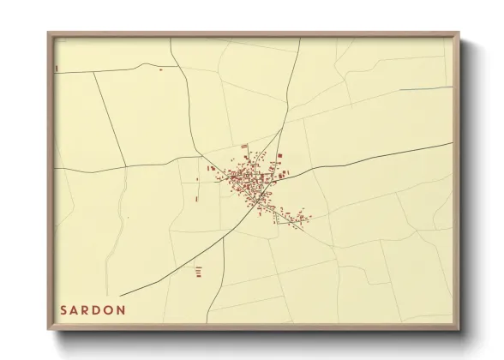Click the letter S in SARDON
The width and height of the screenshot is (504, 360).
(x=63, y=309)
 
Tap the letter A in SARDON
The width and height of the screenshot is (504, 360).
(x=75, y=309)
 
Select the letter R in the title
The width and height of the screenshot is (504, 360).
(x=87, y=309)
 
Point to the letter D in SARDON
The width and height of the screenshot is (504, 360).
(x=99, y=309)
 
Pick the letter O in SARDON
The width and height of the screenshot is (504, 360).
(x=111, y=309)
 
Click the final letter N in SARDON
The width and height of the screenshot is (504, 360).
(x=123, y=309)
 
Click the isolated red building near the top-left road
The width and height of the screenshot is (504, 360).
(x=160, y=69)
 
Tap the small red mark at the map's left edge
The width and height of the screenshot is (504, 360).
(x=56, y=67)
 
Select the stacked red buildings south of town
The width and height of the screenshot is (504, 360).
(x=198, y=271)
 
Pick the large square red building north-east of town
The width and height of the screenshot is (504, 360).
(x=279, y=155)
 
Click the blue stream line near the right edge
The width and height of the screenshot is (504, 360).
(x=424, y=88)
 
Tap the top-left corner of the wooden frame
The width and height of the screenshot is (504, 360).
(x=49, y=33)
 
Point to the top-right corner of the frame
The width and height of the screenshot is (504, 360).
(x=458, y=33)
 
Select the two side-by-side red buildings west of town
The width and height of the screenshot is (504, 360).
(x=211, y=169)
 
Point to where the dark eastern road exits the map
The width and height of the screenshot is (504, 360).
(x=451, y=143)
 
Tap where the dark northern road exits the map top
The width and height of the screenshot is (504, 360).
(x=299, y=39)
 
